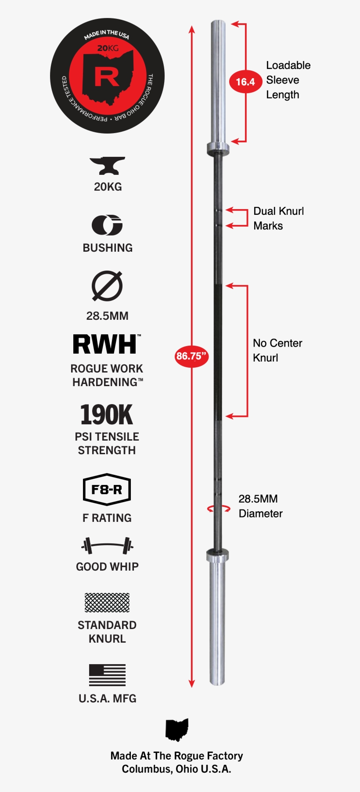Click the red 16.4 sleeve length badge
(245, 82)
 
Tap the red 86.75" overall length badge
(191, 356)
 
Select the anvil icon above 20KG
(107, 166)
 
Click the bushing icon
(107, 225)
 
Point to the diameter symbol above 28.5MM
(107, 286)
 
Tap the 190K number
(107, 415)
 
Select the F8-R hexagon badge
(107, 489)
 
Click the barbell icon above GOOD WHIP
(107, 546)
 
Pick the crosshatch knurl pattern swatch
(107, 603)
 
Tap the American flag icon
(107, 675)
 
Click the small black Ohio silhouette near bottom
(176, 730)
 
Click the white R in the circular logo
(107, 77)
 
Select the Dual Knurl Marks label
(278, 218)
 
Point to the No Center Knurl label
(277, 350)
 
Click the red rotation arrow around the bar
(218, 509)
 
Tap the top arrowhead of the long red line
(191, 29)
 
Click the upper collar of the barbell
(218, 148)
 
